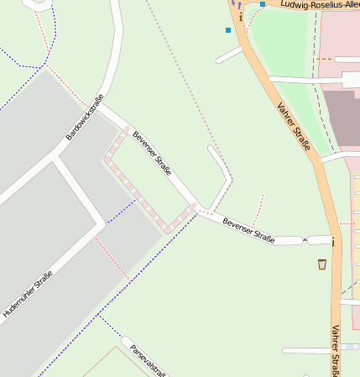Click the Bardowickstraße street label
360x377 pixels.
coord(84,117)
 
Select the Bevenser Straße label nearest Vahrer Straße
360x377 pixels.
coord(248,229)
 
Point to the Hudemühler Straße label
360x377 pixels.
coord(28,293)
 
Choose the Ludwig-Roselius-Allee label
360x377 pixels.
coord(319,4)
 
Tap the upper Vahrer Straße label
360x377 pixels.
coord(293,127)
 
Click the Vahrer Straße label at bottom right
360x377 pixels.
coord(337,351)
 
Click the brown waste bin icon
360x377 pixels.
coord(322,264)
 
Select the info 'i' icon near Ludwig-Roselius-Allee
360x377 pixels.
coord(241,16)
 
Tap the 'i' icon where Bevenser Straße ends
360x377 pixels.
coord(333,243)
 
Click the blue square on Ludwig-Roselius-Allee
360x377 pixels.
coord(263,4)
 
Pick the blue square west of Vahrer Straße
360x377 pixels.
coord(227,30)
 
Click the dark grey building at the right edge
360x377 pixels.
coord(342,118)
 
